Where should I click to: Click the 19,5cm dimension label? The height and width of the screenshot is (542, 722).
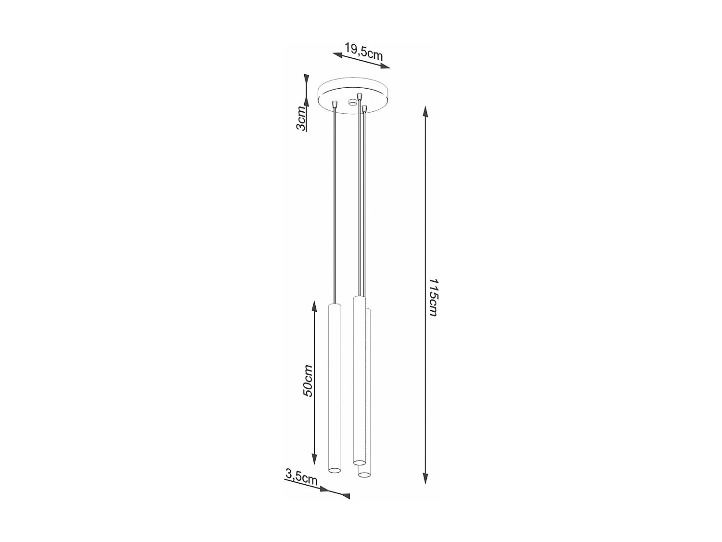(x=363, y=51)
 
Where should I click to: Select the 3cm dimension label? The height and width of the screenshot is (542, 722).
(x=301, y=119)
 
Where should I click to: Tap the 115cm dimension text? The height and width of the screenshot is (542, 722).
(x=433, y=297)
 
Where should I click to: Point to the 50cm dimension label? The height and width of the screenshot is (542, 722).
(x=308, y=381)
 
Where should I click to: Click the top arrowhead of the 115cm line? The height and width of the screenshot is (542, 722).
(x=425, y=113)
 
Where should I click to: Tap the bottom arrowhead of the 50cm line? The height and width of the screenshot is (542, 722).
(x=314, y=459)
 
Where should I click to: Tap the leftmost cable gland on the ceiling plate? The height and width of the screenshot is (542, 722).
(x=335, y=104)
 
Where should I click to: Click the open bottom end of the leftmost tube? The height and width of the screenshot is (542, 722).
(x=334, y=469)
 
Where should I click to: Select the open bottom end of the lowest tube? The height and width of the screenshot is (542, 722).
(x=364, y=475)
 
